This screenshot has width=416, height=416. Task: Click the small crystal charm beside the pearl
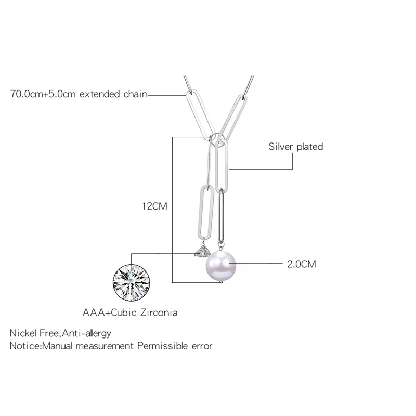tap(199, 252)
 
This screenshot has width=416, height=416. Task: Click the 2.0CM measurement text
tap(302, 264)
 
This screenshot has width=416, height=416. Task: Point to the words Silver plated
tap(295, 147)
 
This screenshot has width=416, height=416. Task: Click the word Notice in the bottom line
tap(24, 345)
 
